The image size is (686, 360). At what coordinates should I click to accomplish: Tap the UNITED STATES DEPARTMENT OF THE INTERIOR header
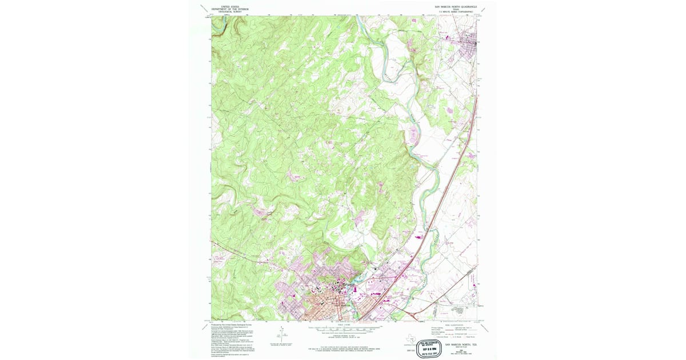[230, 7]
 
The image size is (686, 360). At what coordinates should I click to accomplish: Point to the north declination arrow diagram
[282, 334]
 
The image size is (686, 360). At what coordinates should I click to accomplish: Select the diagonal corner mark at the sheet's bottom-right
[485, 327]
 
